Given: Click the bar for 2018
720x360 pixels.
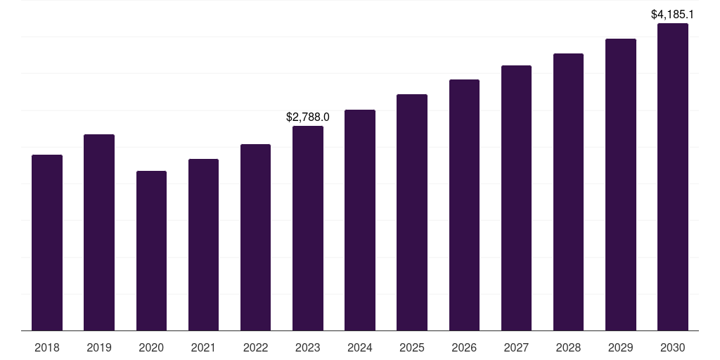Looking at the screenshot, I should [47, 243].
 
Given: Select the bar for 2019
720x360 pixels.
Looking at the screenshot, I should [99, 232].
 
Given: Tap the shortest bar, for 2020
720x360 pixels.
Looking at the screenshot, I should [151, 250].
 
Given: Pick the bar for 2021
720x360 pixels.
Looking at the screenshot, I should [203, 245].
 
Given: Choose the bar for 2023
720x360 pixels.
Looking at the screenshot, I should [308, 228].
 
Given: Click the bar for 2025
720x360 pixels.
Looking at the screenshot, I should [412, 212].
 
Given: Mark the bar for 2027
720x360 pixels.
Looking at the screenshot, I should [516, 198].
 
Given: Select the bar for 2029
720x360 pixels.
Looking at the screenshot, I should [621, 184].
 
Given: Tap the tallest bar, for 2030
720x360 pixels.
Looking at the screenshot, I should [673, 176].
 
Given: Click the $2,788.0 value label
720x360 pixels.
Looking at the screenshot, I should [308, 117].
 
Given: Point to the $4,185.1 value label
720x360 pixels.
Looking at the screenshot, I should [673, 14].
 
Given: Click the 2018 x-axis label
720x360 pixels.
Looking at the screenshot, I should [47, 347].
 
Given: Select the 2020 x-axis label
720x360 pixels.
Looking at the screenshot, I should [151, 347].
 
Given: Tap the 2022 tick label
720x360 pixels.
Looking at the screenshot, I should [255, 347].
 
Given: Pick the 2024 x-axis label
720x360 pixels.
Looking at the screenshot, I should [360, 347].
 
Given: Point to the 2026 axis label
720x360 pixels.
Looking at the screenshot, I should [464, 347].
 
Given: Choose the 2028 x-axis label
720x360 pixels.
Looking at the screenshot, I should [568, 347].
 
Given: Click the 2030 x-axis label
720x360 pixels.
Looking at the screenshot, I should [673, 347].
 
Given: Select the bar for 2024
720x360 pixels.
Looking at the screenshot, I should [360, 220].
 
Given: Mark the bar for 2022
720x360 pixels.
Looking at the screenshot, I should [255, 237].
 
